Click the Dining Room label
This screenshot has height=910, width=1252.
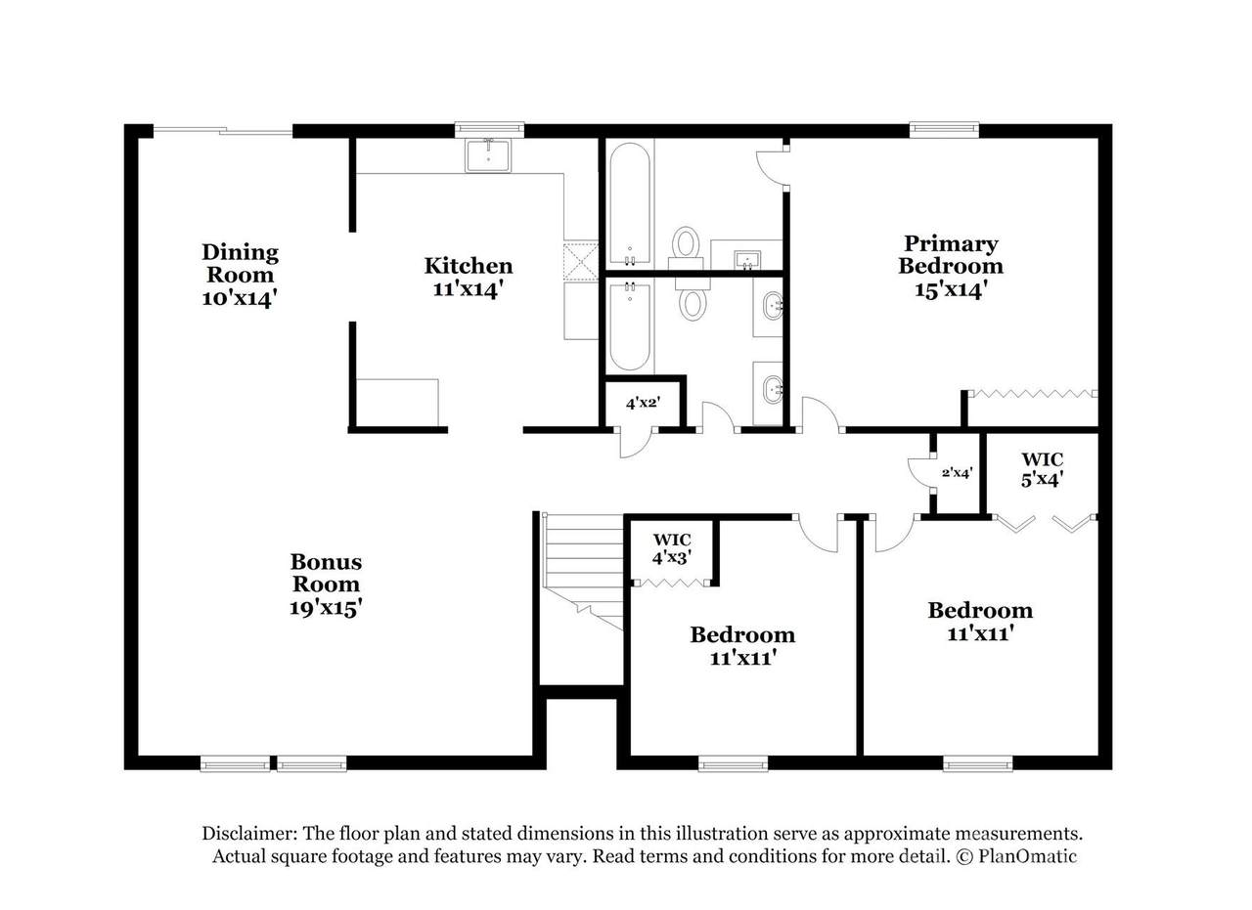tap(241, 275)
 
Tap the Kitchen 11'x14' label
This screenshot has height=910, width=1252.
tap(469, 278)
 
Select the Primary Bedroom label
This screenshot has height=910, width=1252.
tap(950, 267)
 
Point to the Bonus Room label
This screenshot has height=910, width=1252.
tap(326, 585)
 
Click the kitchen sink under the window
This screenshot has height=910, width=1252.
tap(488, 155)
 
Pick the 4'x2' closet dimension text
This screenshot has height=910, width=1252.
tap(643, 403)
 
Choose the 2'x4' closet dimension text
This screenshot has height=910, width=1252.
tap(957, 473)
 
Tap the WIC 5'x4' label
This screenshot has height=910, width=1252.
tap(1042, 469)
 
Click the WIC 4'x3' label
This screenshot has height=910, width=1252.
tap(672, 548)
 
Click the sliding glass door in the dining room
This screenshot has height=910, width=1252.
tap(222, 131)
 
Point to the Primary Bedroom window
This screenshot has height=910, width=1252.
tap(944, 130)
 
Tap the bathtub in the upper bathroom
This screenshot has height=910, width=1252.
tap(629, 203)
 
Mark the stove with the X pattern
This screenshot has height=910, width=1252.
tap(581, 260)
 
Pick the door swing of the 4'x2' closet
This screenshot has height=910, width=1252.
tap(636, 444)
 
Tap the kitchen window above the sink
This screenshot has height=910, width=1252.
tap(489, 130)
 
